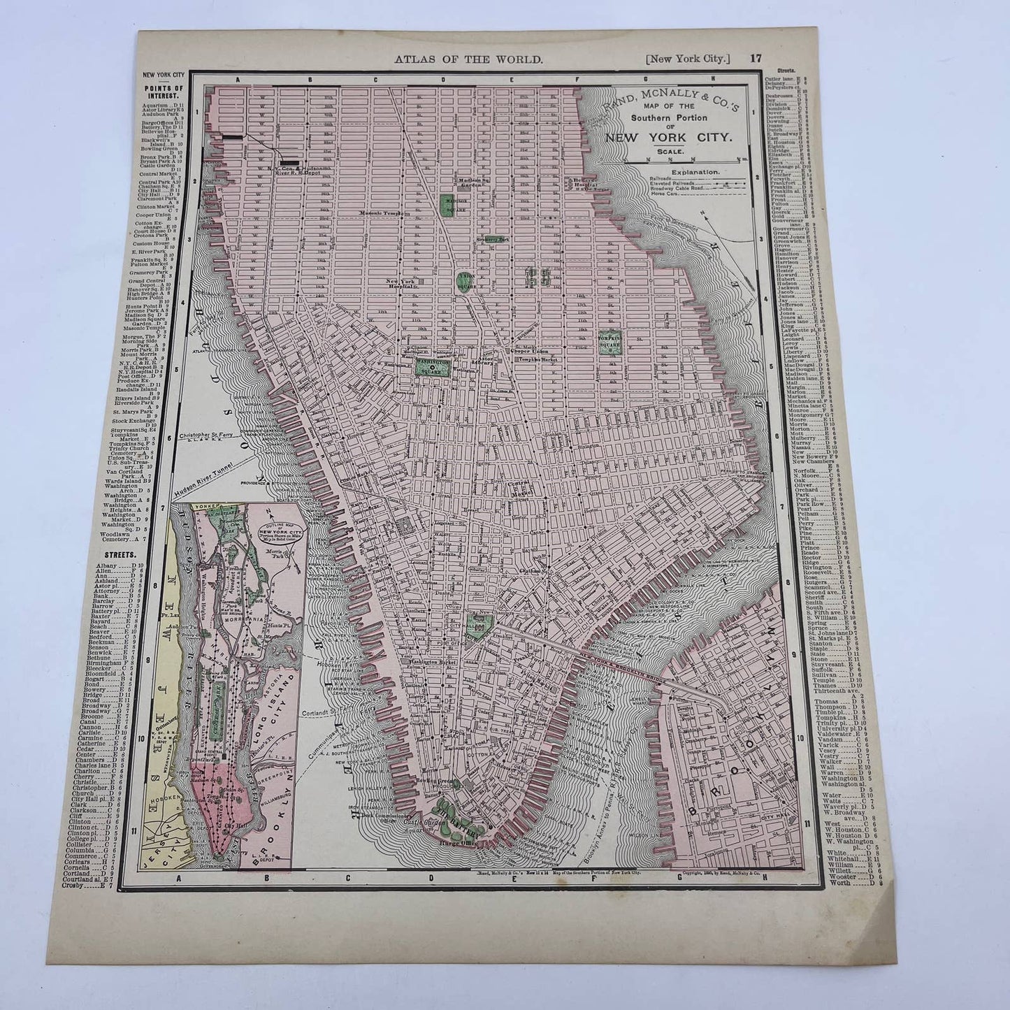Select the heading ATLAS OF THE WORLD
(x=468, y=60)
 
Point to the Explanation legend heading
(x=695, y=171)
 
